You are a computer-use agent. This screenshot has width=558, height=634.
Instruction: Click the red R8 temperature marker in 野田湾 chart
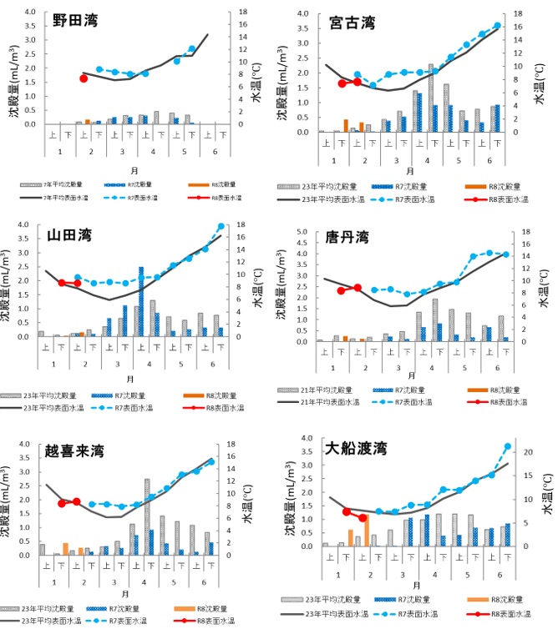pyautogui.click(x=84, y=78)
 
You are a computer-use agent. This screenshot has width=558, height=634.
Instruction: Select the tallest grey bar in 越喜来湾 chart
pyautogui.click(x=147, y=517)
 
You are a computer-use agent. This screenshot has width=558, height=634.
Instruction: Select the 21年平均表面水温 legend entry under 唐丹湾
pyautogui.click(x=325, y=403)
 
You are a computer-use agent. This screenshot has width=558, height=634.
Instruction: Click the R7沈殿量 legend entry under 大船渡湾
pyautogui.click(x=398, y=599)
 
